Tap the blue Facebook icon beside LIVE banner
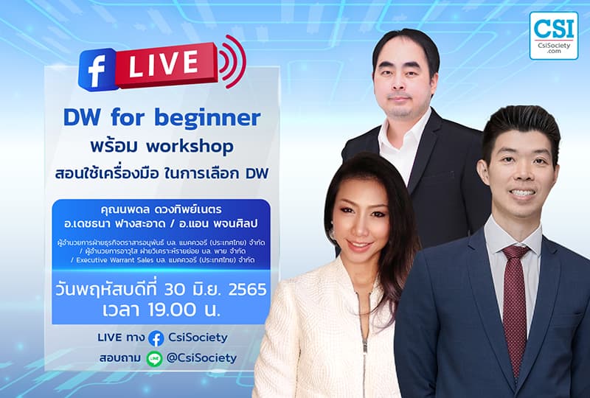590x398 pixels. point(100,69)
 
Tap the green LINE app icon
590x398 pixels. point(154,359)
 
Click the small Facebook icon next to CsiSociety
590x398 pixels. point(156,338)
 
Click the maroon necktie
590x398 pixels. point(514,303)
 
